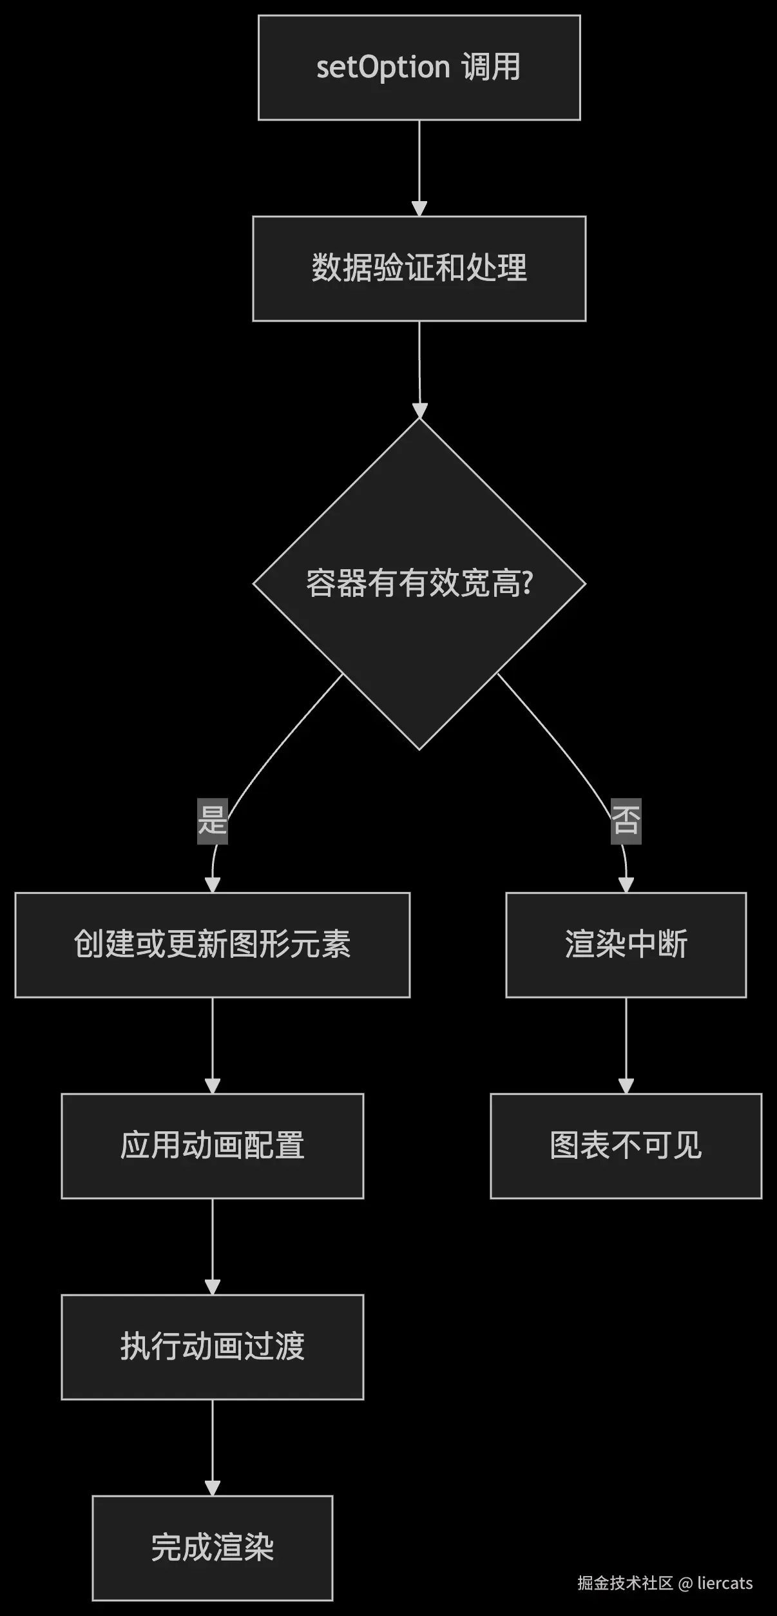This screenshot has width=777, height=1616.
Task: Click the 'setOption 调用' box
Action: click(x=419, y=68)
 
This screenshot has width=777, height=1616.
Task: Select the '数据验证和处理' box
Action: click(x=419, y=268)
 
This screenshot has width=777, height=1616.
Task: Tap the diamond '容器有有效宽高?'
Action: click(x=419, y=583)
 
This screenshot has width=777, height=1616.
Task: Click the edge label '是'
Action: click(x=212, y=820)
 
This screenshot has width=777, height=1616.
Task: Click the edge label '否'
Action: click(x=626, y=820)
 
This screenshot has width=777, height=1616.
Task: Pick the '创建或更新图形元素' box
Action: click(x=212, y=944)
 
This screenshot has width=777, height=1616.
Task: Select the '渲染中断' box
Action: click(x=626, y=944)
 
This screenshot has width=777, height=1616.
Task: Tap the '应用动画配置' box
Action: click(x=212, y=1145)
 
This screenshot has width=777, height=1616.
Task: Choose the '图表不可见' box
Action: click(x=626, y=1145)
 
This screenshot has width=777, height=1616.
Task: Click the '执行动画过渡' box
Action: click(x=212, y=1347)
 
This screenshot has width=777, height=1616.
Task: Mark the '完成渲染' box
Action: click(x=212, y=1548)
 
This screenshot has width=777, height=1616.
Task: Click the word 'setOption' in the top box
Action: click(x=383, y=68)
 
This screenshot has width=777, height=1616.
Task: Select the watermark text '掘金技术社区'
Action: click(x=624, y=1583)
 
